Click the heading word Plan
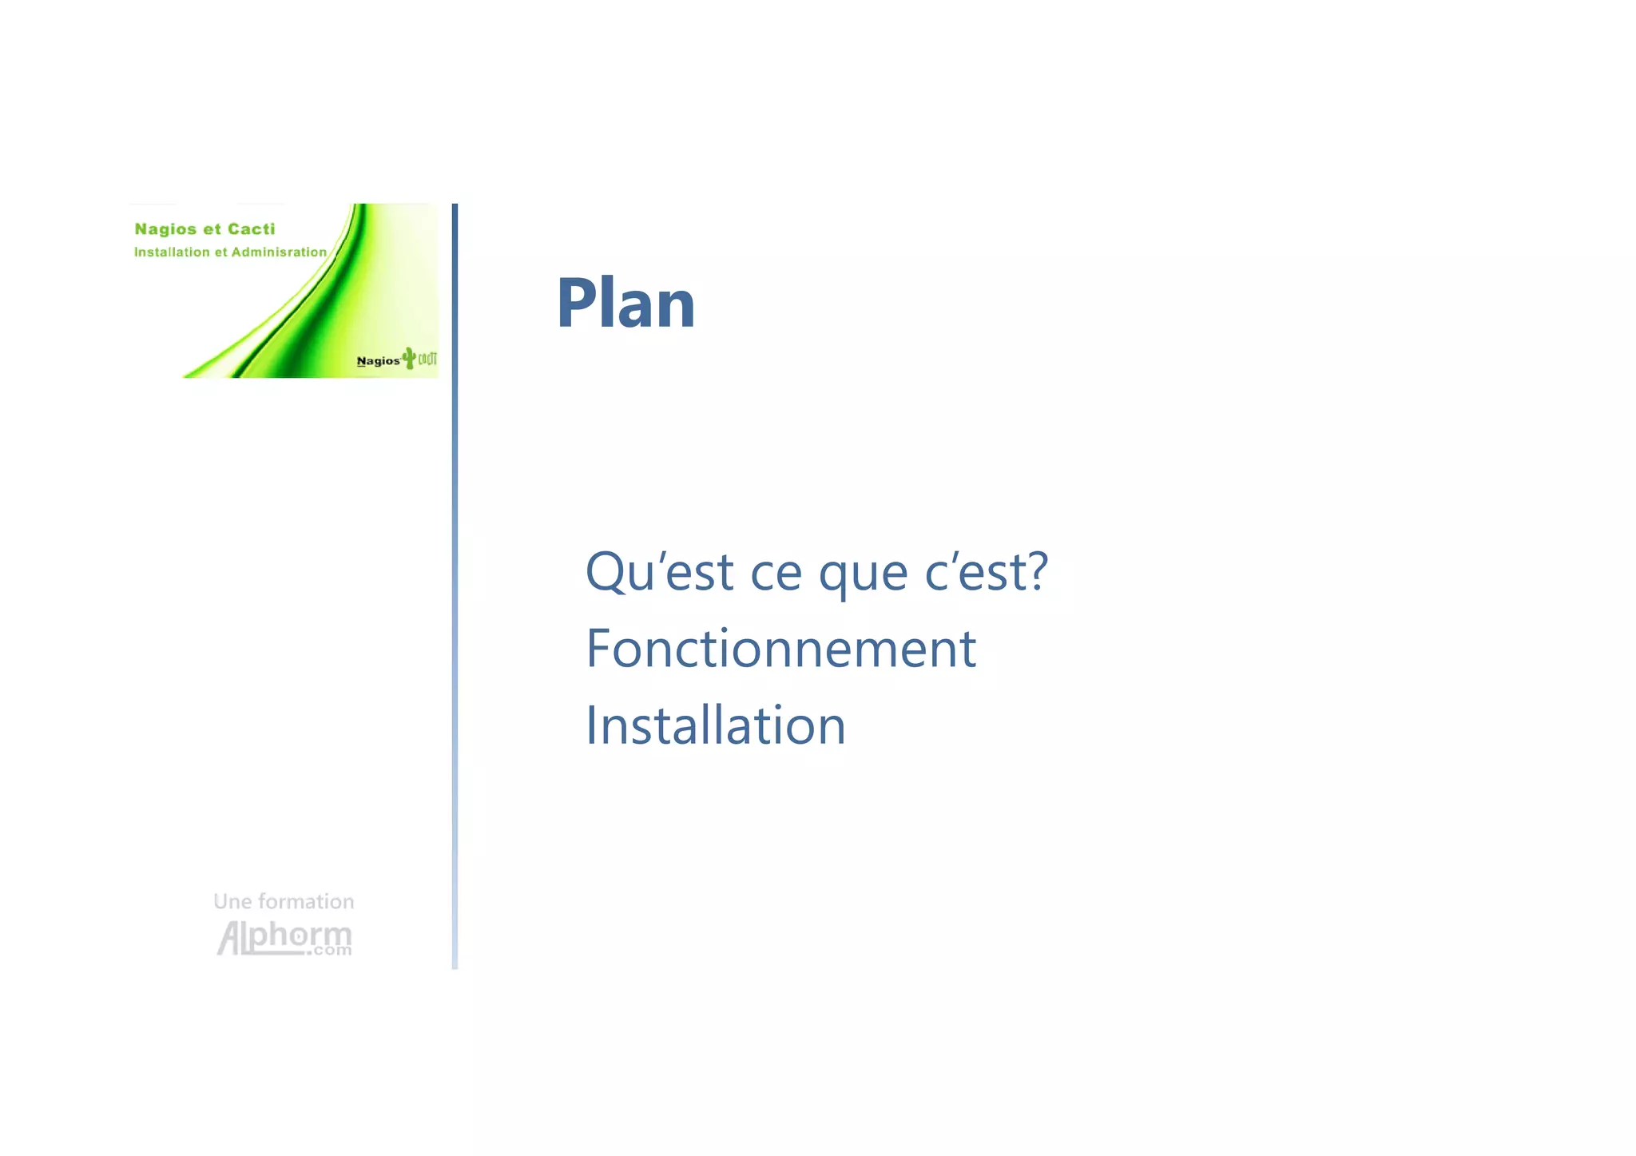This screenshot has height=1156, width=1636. (625, 304)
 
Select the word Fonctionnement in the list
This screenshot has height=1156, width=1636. (780, 648)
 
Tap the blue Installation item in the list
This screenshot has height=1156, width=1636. (715, 725)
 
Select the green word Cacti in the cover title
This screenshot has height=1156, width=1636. (251, 229)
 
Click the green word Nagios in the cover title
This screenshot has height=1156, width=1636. (165, 230)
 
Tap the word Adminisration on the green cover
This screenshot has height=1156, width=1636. (279, 252)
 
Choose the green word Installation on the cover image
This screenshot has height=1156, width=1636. (172, 252)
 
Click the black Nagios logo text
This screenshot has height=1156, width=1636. (378, 361)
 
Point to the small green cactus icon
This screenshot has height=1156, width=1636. (410, 358)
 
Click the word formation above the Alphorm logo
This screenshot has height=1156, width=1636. (306, 902)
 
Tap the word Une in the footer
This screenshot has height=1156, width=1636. (232, 902)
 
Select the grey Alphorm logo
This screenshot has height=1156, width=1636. (283, 936)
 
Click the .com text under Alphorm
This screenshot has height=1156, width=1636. (332, 951)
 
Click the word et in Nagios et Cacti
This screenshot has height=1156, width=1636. (212, 229)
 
